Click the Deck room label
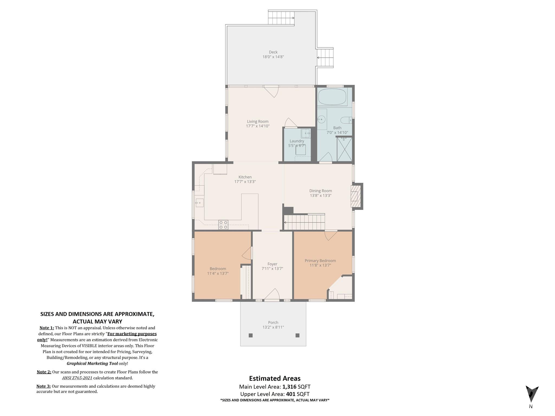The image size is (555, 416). [x=273, y=52]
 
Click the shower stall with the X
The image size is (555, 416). [x=344, y=149]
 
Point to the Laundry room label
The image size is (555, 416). [x=297, y=141]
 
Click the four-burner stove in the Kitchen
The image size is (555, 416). [x=223, y=225]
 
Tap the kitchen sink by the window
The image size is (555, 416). [x=199, y=203]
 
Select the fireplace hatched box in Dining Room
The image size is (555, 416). [x=356, y=196]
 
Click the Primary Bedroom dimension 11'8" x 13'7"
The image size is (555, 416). [x=320, y=265]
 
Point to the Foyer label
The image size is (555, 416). [x=272, y=264]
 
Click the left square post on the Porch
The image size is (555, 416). [x=251, y=335]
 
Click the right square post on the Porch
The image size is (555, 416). [x=297, y=335]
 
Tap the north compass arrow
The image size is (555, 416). [x=532, y=394]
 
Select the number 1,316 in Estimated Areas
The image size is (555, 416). [x=289, y=387]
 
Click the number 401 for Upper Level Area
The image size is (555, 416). [x=291, y=394]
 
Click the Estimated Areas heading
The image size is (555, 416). [x=275, y=378]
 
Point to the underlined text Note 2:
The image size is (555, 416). [x=44, y=372]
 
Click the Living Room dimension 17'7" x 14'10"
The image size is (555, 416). [x=258, y=126]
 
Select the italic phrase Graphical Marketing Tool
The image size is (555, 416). [x=92, y=363]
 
